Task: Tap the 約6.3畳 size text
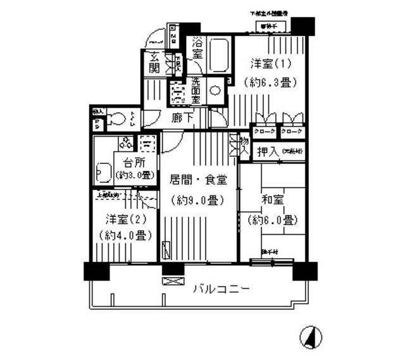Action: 266,82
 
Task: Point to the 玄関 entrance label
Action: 154,61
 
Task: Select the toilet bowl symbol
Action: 116,118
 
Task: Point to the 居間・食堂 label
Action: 198,180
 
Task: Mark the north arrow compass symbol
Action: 311,337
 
